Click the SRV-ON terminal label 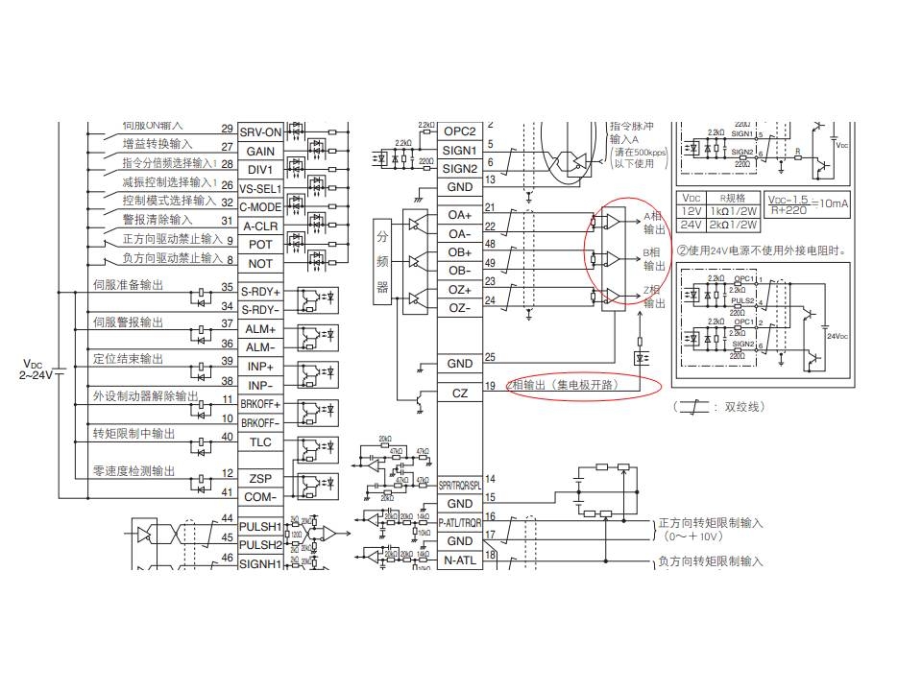tap(260, 132)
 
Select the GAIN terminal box tap(260, 151)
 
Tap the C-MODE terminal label tap(260, 207)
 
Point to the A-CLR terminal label tap(260, 226)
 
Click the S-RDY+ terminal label tap(260, 292)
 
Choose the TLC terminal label tap(260, 442)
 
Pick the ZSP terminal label tap(260, 478)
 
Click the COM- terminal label tap(260, 496)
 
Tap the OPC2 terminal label tap(459, 131)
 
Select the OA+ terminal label tap(459, 215)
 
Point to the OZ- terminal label tap(459, 308)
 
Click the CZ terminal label tap(459, 393)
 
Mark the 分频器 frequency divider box tap(382, 261)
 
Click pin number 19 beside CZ tap(491, 386)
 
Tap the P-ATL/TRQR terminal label tap(460, 523)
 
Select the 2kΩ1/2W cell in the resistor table tap(733, 225)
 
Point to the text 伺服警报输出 tap(128, 322)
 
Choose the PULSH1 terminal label tap(260, 527)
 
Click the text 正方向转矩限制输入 tap(710, 523)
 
